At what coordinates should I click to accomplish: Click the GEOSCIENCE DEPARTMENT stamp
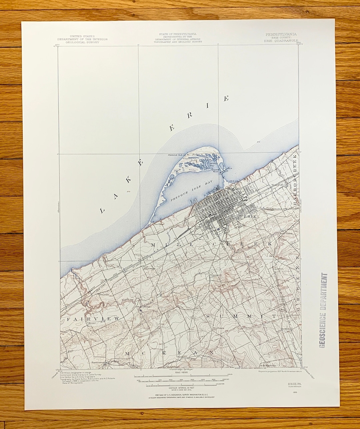(x=323, y=310)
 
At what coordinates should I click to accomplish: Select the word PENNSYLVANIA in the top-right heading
(x=281, y=34)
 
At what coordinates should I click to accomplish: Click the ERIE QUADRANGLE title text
(x=281, y=42)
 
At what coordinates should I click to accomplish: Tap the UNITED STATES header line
(x=82, y=36)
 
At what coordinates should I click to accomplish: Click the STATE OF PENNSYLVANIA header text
(x=177, y=34)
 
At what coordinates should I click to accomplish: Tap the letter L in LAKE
(x=102, y=211)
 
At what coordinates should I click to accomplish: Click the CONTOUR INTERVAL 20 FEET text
(x=177, y=388)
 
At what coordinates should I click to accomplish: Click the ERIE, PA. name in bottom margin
(x=293, y=384)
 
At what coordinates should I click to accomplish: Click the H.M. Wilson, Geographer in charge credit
(x=77, y=372)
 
